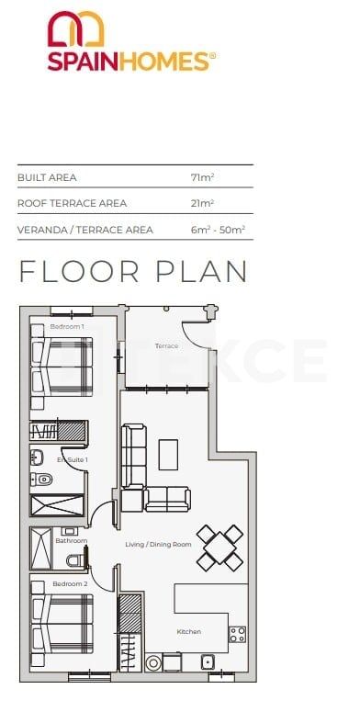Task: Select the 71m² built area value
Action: point(202,176)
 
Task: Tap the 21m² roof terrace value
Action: point(202,203)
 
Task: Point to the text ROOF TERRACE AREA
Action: point(72,203)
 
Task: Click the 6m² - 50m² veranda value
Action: point(217,230)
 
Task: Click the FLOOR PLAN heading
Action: point(134,272)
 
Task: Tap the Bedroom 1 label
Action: point(67,327)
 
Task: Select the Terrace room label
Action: point(166,346)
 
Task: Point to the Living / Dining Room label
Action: point(158,545)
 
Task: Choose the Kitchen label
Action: point(189,631)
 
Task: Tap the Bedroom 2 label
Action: point(70,584)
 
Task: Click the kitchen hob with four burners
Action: point(237,633)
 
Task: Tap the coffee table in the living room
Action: point(169,454)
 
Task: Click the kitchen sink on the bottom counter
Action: point(208,661)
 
